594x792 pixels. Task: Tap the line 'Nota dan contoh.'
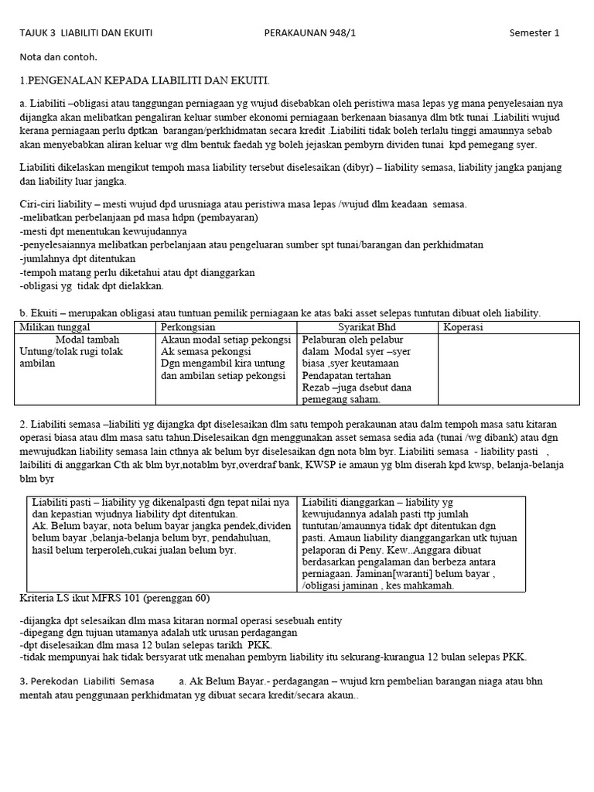59,56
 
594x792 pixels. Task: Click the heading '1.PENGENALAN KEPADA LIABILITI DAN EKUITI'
145,80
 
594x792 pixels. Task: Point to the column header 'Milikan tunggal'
49,327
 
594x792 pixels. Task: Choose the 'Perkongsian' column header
188,327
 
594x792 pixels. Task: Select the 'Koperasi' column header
463,327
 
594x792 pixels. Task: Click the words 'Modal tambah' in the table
87,340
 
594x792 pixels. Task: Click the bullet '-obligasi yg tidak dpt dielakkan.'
91,285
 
